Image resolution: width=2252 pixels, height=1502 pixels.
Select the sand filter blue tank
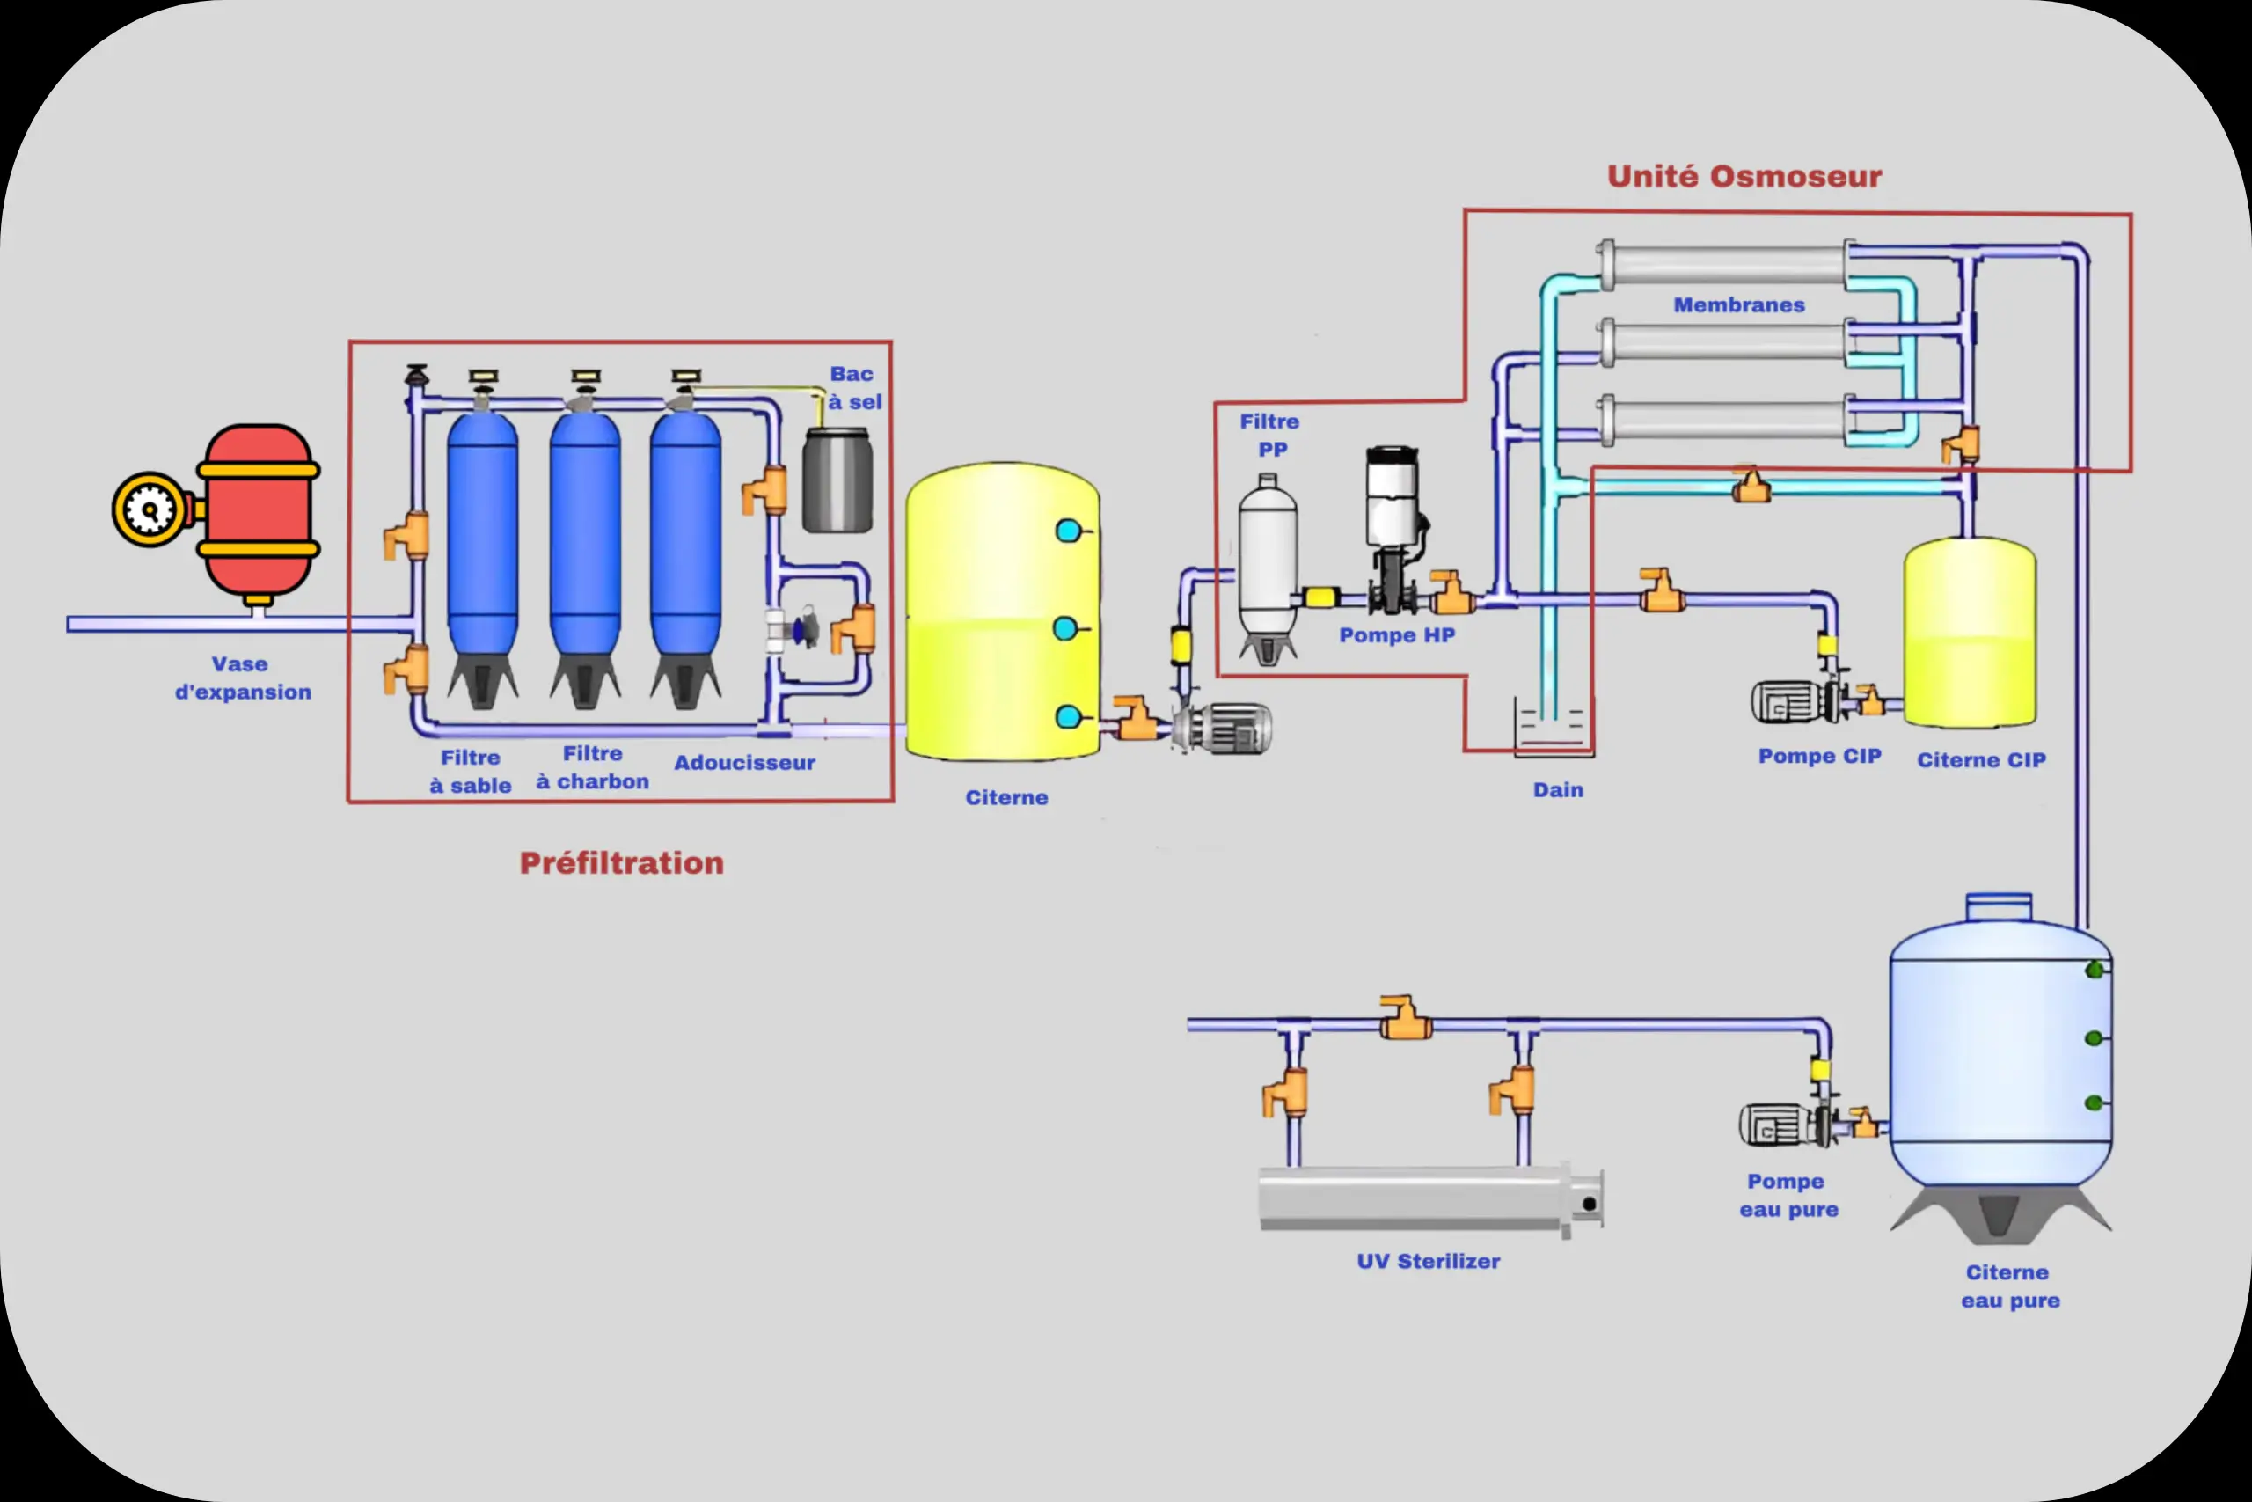[x=483, y=537]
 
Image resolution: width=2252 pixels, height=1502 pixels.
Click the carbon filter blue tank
[x=585, y=537]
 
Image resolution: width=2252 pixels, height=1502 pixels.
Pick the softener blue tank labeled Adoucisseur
[x=685, y=537]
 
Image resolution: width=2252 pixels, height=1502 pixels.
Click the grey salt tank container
[x=837, y=479]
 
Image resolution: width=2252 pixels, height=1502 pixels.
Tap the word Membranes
[x=1739, y=304]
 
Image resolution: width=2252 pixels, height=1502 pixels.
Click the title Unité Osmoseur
[x=1744, y=176]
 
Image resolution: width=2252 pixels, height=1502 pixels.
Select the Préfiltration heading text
[x=621, y=862]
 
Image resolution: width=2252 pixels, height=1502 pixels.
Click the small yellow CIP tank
[x=1970, y=633]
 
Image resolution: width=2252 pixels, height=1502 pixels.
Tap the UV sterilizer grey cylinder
[x=1417, y=1198]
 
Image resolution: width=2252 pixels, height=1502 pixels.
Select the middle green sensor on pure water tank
[x=2093, y=1037]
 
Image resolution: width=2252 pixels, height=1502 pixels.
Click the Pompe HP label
[x=1396, y=635]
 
